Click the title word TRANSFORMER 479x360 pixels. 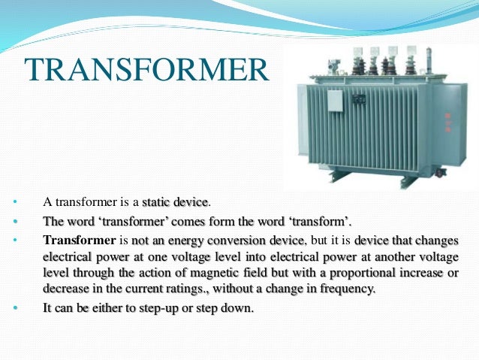[x=146, y=70]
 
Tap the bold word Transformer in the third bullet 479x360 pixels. [x=78, y=241]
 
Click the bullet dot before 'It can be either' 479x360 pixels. [x=14, y=308]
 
